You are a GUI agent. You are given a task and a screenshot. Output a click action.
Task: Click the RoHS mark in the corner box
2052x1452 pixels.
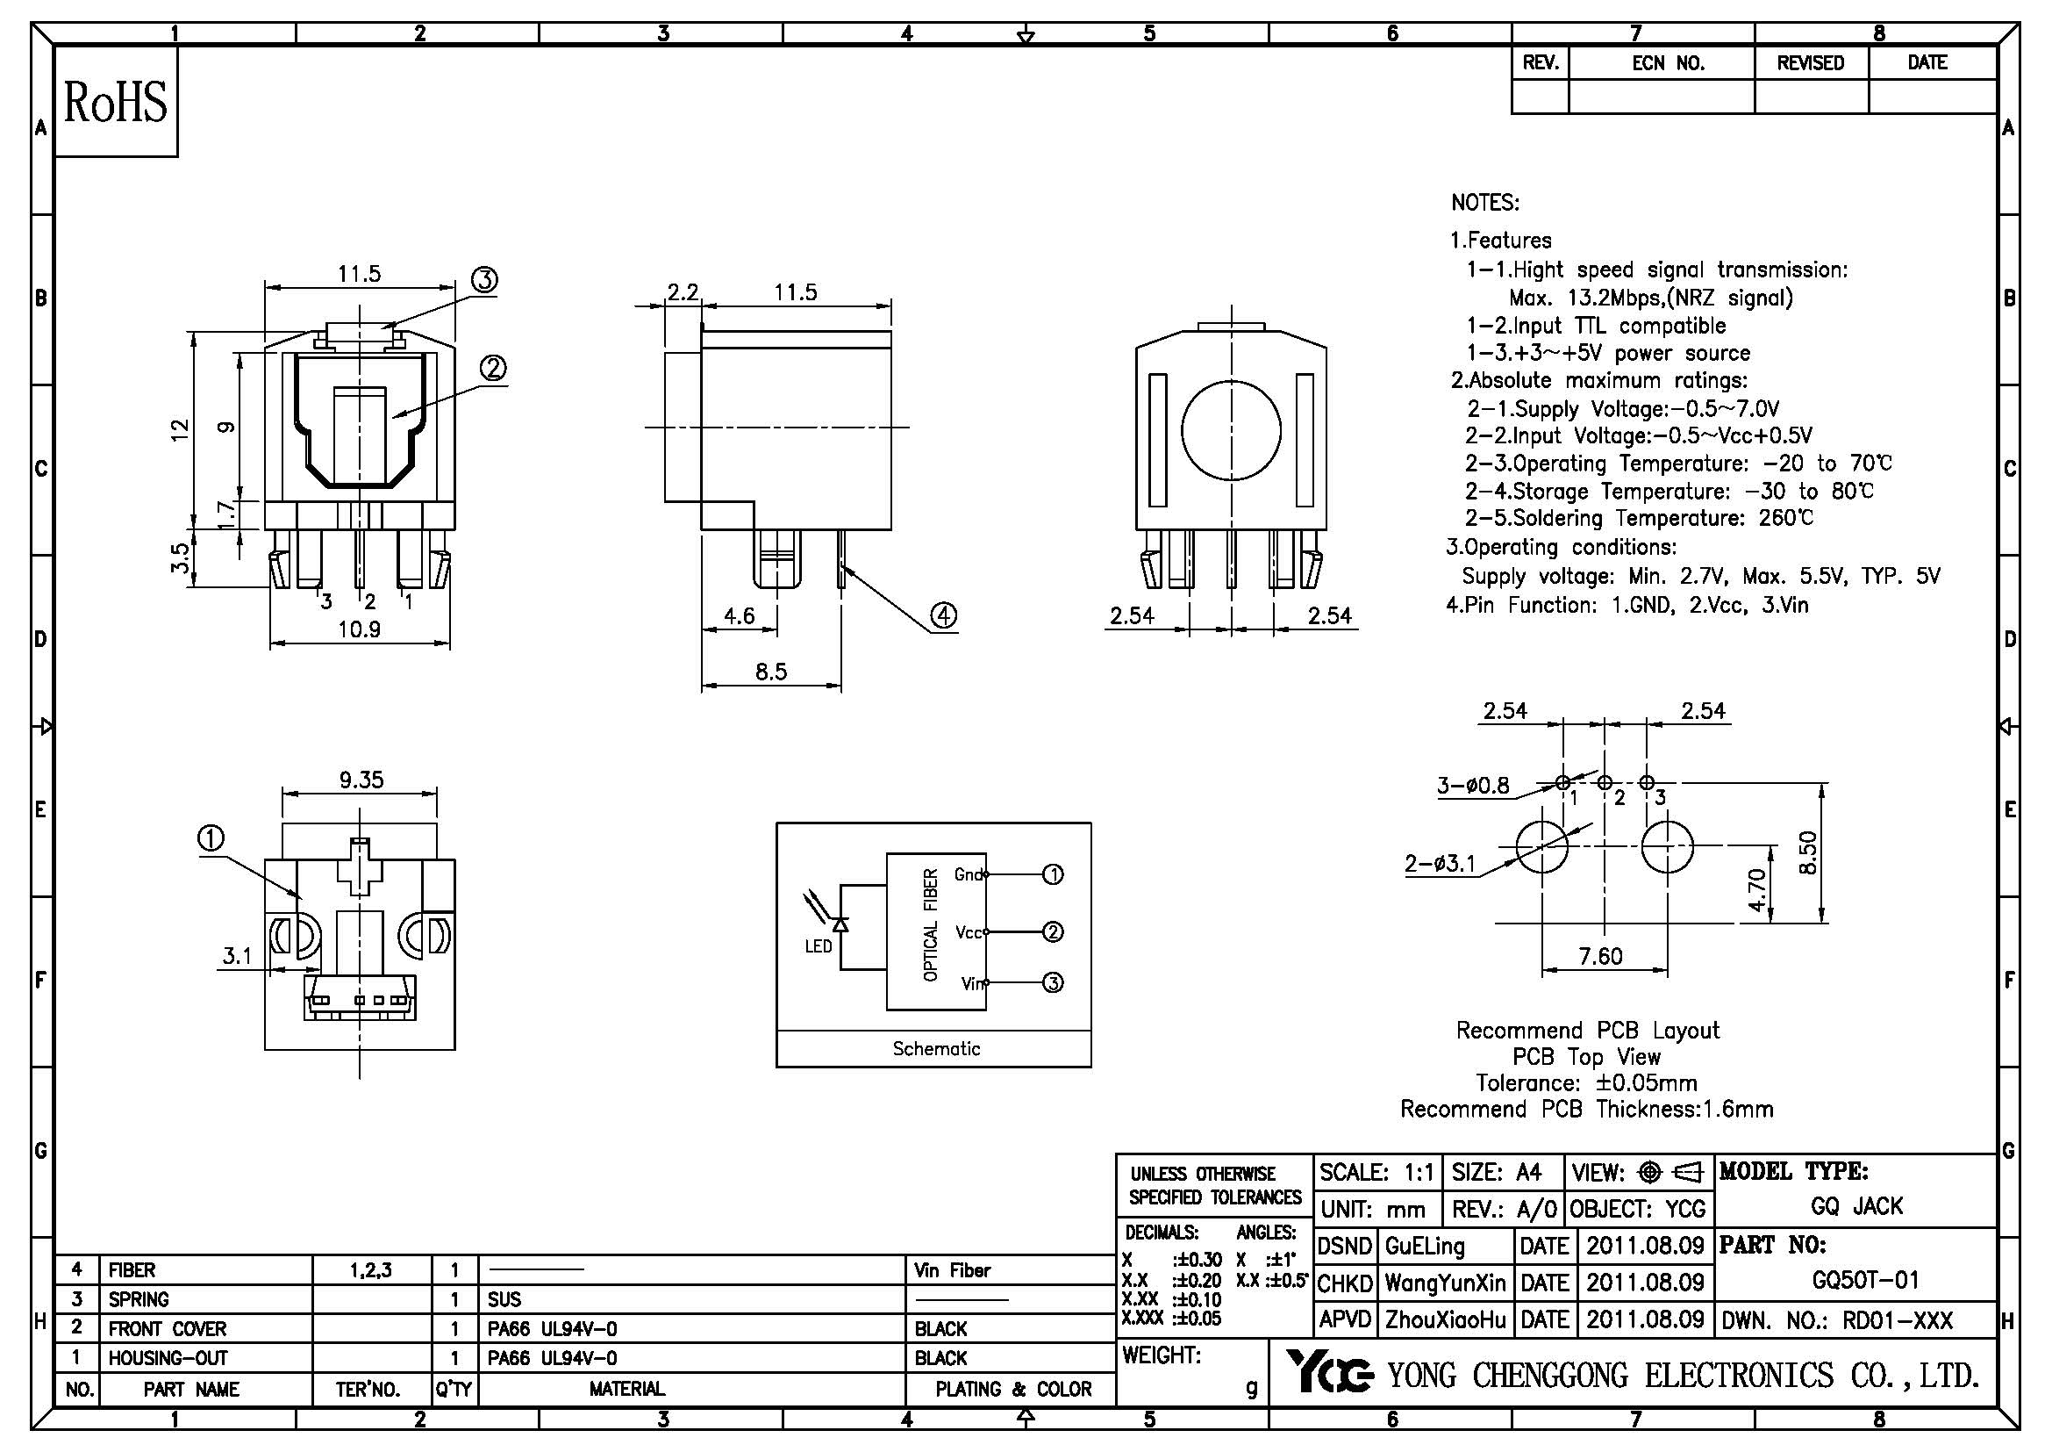coord(115,102)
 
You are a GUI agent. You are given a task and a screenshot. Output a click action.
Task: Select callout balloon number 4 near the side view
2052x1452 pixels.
coord(944,615)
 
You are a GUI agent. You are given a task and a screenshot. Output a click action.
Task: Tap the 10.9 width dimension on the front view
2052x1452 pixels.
coord(360,629)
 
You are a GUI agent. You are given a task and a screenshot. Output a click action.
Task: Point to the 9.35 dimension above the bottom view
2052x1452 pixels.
coord(361,780)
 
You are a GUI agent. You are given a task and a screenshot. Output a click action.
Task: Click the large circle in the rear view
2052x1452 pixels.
coord(1231,430)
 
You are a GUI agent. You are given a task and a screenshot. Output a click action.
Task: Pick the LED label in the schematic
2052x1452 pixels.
coord(818,946)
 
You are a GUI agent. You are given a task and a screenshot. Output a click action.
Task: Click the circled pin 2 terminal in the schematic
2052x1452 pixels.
coord(1053,931)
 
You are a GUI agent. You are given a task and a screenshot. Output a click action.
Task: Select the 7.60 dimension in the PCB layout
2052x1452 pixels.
coord(1600,956)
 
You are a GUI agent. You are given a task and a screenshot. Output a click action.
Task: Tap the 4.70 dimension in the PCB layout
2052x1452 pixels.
coord(1757,890)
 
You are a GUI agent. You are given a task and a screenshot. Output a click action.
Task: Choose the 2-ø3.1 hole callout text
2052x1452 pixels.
coord(1439,864)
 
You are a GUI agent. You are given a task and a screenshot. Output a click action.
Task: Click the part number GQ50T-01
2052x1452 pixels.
coord(1865,1280)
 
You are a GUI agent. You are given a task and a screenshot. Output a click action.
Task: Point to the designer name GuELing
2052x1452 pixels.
coord(1425,1246)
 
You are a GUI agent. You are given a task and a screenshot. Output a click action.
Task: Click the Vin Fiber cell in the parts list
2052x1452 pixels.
coord(952,1269)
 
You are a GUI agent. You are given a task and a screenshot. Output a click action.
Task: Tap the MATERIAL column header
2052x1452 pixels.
coord(626,1389)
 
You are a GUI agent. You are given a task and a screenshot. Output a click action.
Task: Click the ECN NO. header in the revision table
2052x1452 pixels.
coord(1668,63)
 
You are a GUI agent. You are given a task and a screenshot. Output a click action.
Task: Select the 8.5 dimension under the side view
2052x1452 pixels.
coord(770,672)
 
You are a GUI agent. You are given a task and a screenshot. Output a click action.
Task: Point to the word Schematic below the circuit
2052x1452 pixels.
coord(936,1049)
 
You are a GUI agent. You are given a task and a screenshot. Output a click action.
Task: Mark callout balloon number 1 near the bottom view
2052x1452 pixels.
coord(211,838)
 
